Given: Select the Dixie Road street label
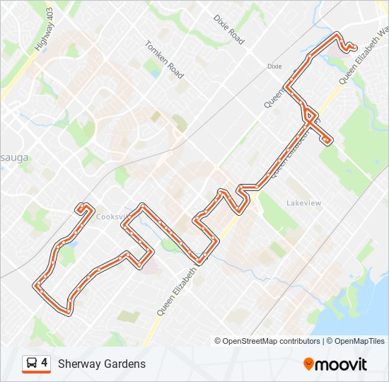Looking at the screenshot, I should pyautogui.click(x=228, y=29).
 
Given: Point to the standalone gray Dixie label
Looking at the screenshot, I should pyautogui.click(x=274, y=66).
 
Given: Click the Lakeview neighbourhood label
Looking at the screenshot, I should pyautogui.click(x=303, y=203).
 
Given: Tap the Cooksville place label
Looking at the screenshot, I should pyautogui.click(x=113, y=216).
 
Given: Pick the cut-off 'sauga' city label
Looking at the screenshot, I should pyautogui.click(x=13, y=157).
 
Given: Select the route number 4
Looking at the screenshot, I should pyautogui.click(x=45, y=363).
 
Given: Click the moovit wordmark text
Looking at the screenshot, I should pyautogui.click(x=342, y=364).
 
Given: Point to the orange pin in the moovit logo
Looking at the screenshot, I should pyautogui.click(x=308, y=364).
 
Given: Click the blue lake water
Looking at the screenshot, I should pyautogui.click(x=354, y=311).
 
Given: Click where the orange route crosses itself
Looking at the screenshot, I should pyautogui.click(x=308, y=120).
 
